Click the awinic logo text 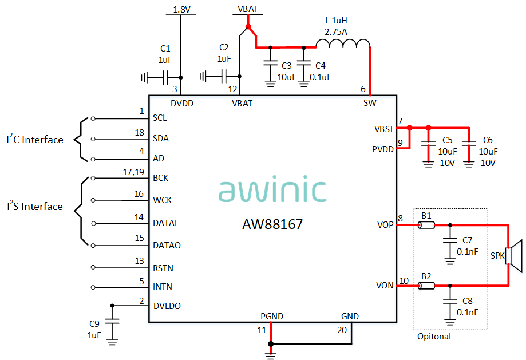pos(272,189)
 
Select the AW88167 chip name pos(272,224)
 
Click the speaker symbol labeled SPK pos(515,255)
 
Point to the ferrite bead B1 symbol pos(426,226)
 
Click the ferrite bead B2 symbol pos(426,286)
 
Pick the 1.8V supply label pos(180,10)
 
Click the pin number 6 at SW pos(363,89)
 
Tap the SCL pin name pos(160,118)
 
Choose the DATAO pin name pos(167,245)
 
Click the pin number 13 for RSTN pos(139,261)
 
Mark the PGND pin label pos(272,317)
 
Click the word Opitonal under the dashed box pos(434,337)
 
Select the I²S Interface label pos(35,206)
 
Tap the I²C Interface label pos(35,139)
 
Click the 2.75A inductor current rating pos(336,32)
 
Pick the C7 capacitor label pos(467,239)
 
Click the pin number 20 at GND pos(342,330)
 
